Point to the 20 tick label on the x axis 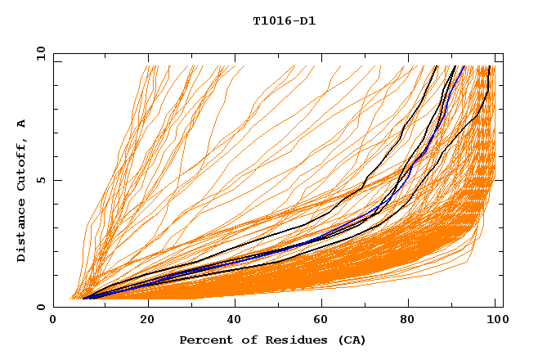[x=147, y=320]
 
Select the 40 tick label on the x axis [x=235, y=320]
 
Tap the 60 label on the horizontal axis [x=325, y=320]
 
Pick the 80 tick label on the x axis [x=413, y=320]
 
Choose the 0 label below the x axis [x=54, y=320]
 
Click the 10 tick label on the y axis [x=40, y=54]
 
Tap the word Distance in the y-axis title [x=22, y=233]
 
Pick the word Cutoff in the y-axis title [x=22, y=164]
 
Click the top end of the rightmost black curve [x=489, y=66]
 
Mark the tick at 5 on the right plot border [x=498, y=180]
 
